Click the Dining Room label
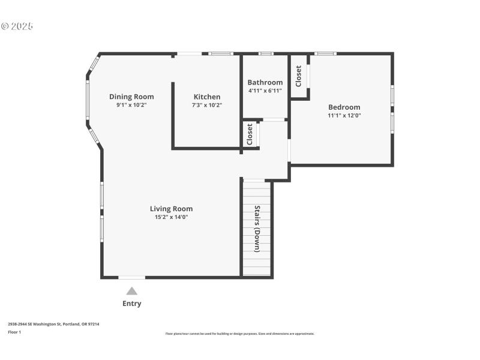click(131, 97)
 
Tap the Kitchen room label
click(206, 97)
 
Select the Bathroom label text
click(265, 83)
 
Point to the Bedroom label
click(344, 107)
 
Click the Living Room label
click(171, 209)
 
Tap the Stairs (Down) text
click(257, 229)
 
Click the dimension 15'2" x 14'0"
click(171, 217)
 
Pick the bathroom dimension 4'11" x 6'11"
click(265, 91)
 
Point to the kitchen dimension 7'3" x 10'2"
click(206, 104)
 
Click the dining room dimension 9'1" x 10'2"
click(131, 104)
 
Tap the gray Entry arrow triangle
click(131, 291)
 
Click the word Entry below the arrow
click(131, 304)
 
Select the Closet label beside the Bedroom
click(299, 76)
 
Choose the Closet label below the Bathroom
click(250, 134)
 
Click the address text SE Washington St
click(53, 324)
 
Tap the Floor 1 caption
click(14, 332)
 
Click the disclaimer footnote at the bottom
click(239, 334)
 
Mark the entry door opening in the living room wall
click(131, 277)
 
